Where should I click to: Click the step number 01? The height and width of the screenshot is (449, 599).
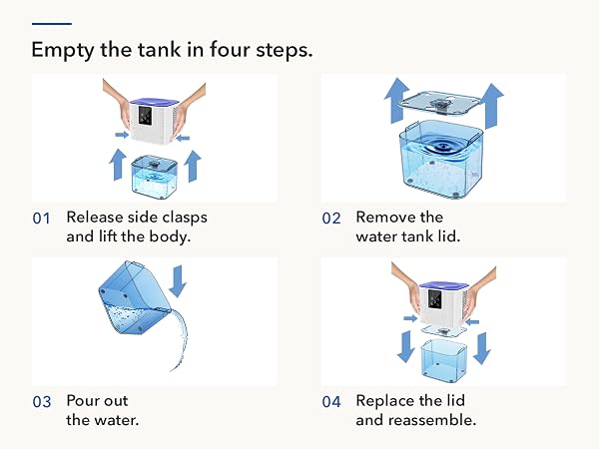(41, 219)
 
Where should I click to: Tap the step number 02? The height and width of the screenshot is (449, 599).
(331, 219)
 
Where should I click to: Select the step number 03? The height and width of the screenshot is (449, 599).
(42, 402)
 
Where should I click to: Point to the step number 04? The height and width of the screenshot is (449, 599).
(331, 402)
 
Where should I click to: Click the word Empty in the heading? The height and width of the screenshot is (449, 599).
(62, 51)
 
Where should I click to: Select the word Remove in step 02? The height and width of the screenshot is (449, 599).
(385, 218)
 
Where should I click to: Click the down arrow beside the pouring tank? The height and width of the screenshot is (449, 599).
(178, 281)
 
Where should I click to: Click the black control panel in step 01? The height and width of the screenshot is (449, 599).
(145, 116)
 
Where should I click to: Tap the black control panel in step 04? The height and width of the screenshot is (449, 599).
(434, 299)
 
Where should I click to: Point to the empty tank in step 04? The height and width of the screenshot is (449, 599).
(444, 360)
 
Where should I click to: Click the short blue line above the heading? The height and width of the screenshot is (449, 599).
(52, 24)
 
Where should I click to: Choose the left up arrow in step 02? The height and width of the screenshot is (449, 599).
(397, 101)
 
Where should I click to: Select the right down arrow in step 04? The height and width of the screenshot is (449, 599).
(482, 348)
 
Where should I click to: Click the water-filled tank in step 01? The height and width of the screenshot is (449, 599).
(154, 177)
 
